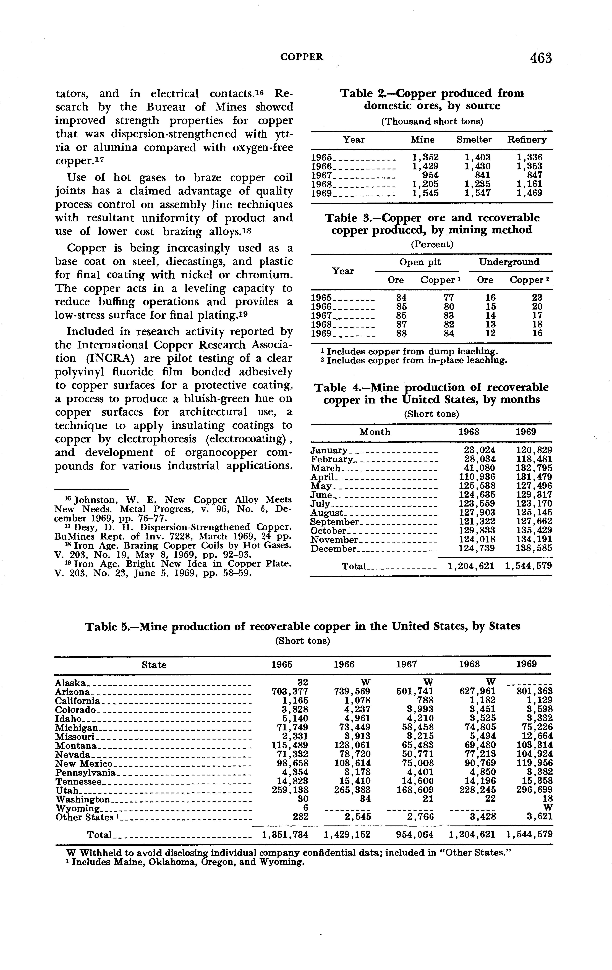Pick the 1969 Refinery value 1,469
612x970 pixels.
click(529, 193)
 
